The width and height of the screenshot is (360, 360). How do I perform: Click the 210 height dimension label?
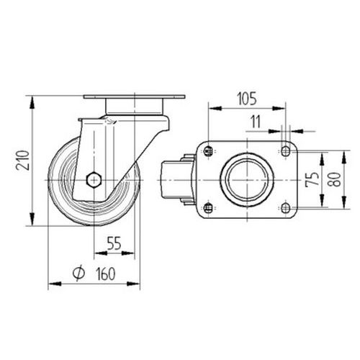23,160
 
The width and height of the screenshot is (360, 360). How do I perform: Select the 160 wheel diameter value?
106,274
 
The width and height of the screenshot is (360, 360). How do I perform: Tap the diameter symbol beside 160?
78,274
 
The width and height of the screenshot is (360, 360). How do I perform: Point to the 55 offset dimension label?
114,243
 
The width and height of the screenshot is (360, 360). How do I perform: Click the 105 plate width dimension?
247,99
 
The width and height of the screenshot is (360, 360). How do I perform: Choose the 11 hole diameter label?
256,122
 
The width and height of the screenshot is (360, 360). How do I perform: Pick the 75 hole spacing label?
312,179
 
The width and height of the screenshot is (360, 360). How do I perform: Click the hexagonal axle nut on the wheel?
94,179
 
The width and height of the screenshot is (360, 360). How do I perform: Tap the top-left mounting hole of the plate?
208,151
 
